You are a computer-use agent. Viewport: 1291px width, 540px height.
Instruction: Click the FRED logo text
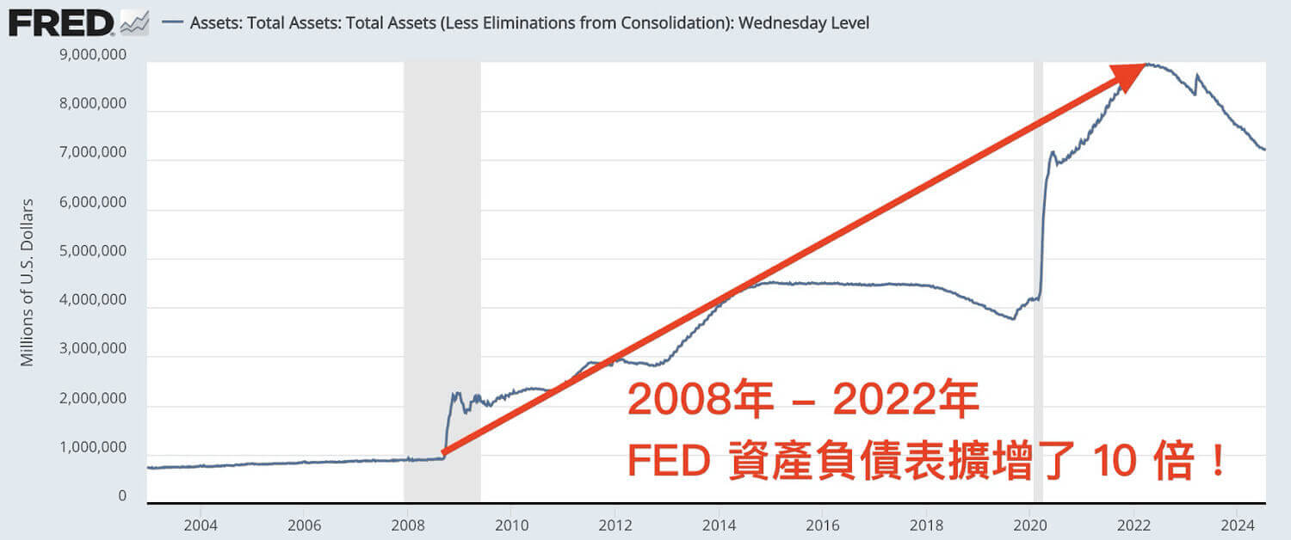pos(60,23)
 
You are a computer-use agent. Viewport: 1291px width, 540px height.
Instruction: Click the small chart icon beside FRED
pos(133,23)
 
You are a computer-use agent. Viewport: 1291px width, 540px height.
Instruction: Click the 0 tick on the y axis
pos(122,496)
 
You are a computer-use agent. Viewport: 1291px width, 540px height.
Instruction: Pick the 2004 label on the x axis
pos(200,524)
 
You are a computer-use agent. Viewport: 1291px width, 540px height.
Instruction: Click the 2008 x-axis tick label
pos(407,524)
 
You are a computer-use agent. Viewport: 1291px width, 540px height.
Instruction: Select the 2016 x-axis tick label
pos(822,524)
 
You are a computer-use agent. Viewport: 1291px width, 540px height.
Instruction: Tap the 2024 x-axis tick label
pos(1237,524)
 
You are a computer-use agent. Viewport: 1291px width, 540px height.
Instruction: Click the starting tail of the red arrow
pos(444,451)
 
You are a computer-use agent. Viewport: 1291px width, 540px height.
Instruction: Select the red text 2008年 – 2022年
pos(802,400)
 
